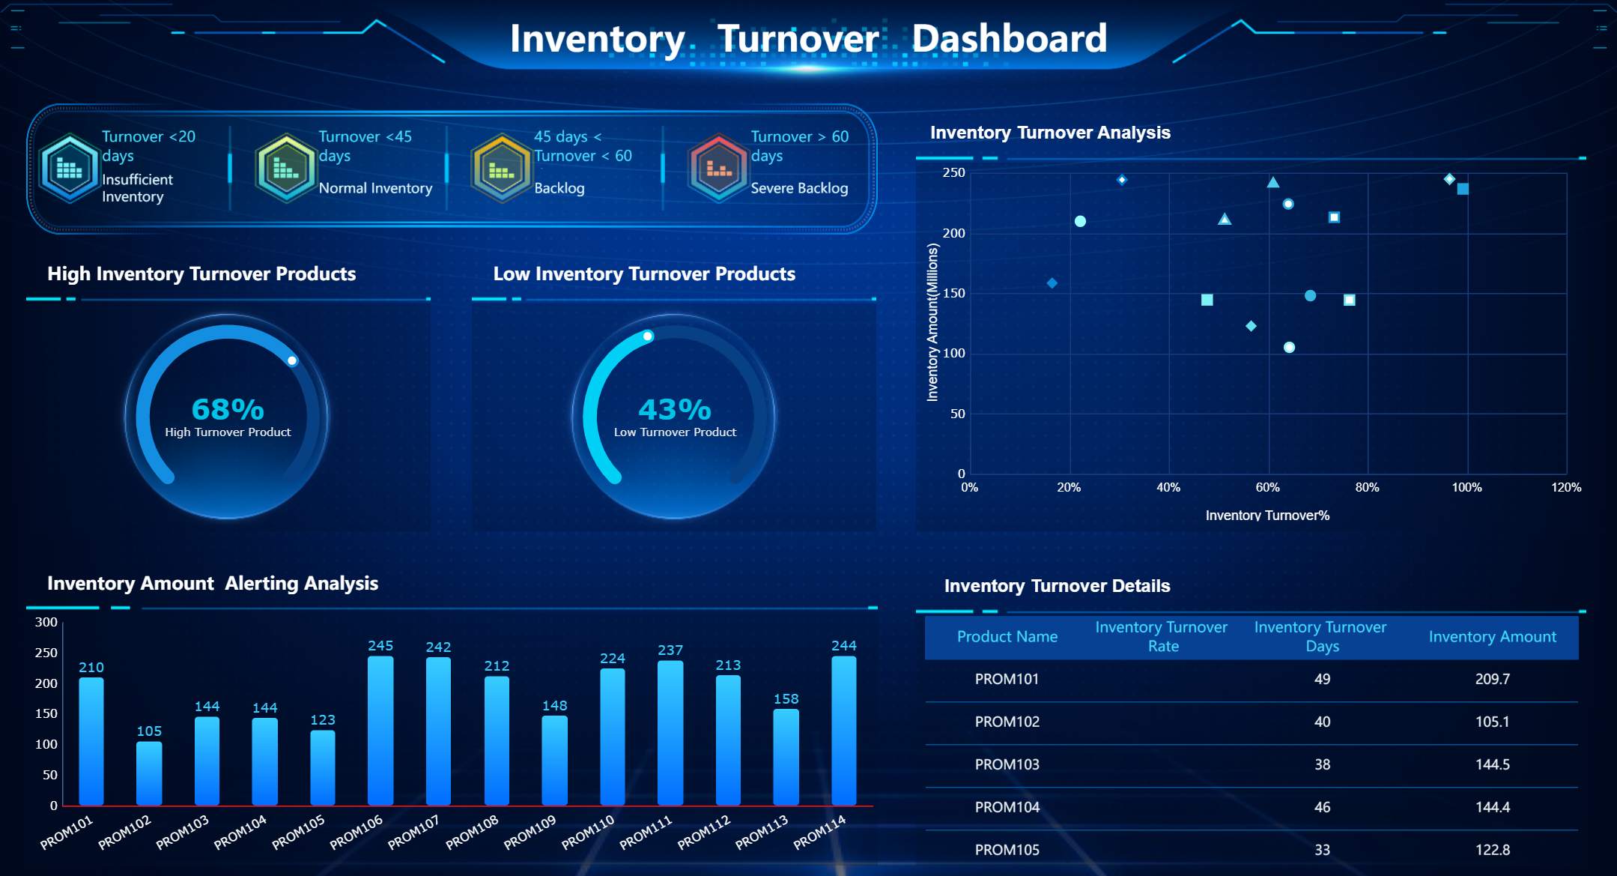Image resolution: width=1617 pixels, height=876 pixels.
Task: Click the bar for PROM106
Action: pyautogui.click(x=380, y=731)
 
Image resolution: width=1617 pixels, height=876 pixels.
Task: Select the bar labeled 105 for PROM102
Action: pyautogui.click(x=149, y=773)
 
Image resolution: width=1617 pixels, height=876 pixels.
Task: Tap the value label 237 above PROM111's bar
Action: pyautogui.click(x=670, y=650)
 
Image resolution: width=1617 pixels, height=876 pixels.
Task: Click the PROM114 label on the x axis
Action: pyautogui.click(x=819, y=832)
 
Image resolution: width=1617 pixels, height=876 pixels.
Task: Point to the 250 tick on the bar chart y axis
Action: pyautogui.click(x=46, y=653)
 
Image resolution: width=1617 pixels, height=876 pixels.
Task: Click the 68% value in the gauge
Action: pyautogui.click(x=228, y=409)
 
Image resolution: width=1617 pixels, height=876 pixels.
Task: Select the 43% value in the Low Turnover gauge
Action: pyautogui.click(x=674, y=409)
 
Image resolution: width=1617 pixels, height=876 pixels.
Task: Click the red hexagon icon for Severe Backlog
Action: pyautogui.click(x=718, y=168)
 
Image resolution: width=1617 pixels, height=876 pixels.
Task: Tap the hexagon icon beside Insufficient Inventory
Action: pyautogui.click(x=69, y=168)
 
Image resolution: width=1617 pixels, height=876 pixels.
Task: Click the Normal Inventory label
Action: pyautogui.click(x=375, y=188)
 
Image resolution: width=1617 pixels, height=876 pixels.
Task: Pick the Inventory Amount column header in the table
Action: pyautogui.click(x=1492, y=637)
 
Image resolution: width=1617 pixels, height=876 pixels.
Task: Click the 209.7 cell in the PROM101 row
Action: pyautogui.click(x=1492, y=679)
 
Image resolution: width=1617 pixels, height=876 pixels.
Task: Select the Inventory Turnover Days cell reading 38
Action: pyautogui.click(x=1322, y=764)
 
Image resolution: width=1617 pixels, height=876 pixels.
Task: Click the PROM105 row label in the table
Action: pyautogui.click(x=1007, y=850)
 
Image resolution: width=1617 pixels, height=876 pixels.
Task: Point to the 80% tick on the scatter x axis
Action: pyautogui.click(x=1367, y=488)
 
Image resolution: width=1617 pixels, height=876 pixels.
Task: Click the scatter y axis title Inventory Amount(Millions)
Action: pyautogui.click(x=932, y=322)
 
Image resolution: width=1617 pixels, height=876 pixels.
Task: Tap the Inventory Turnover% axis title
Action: pyautogui.click(x=1267, y=516)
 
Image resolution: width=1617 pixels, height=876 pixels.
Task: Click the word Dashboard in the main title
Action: pyautogui.click(x=1009, y=38)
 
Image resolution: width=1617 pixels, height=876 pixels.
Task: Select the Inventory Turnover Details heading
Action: pyautogui.click(x=1057, y=586)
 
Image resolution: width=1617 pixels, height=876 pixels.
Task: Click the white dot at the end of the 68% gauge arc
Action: pyautogui.click(x=292, y=360)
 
